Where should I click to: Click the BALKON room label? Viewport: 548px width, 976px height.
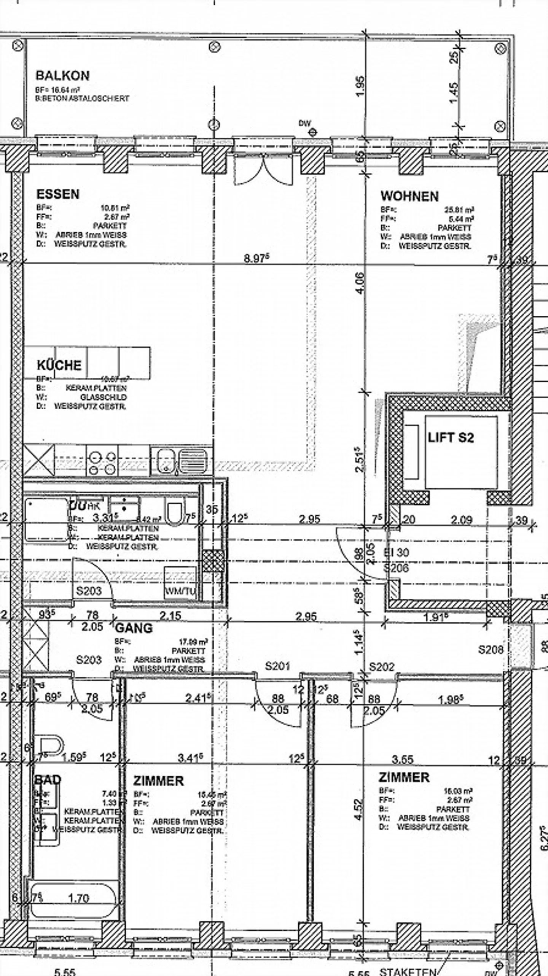point(62,76)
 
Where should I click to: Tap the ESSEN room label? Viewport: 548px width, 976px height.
point(58,194)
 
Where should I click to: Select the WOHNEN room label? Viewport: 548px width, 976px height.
point(409,196)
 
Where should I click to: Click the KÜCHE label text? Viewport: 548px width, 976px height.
point(59,365)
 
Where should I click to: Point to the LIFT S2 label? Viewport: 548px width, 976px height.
point(451,437)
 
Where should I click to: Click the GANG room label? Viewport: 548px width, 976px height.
point(134,628)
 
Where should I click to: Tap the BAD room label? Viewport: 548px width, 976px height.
point(48,779)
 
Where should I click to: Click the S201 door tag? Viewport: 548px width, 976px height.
point(277,666)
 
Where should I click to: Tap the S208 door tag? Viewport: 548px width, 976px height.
point(491,649)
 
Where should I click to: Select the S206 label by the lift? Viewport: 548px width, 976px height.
point(396,568)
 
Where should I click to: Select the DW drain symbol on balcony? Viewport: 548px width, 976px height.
point(313,132)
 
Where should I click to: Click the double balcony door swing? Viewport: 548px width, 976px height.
point(263,170)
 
